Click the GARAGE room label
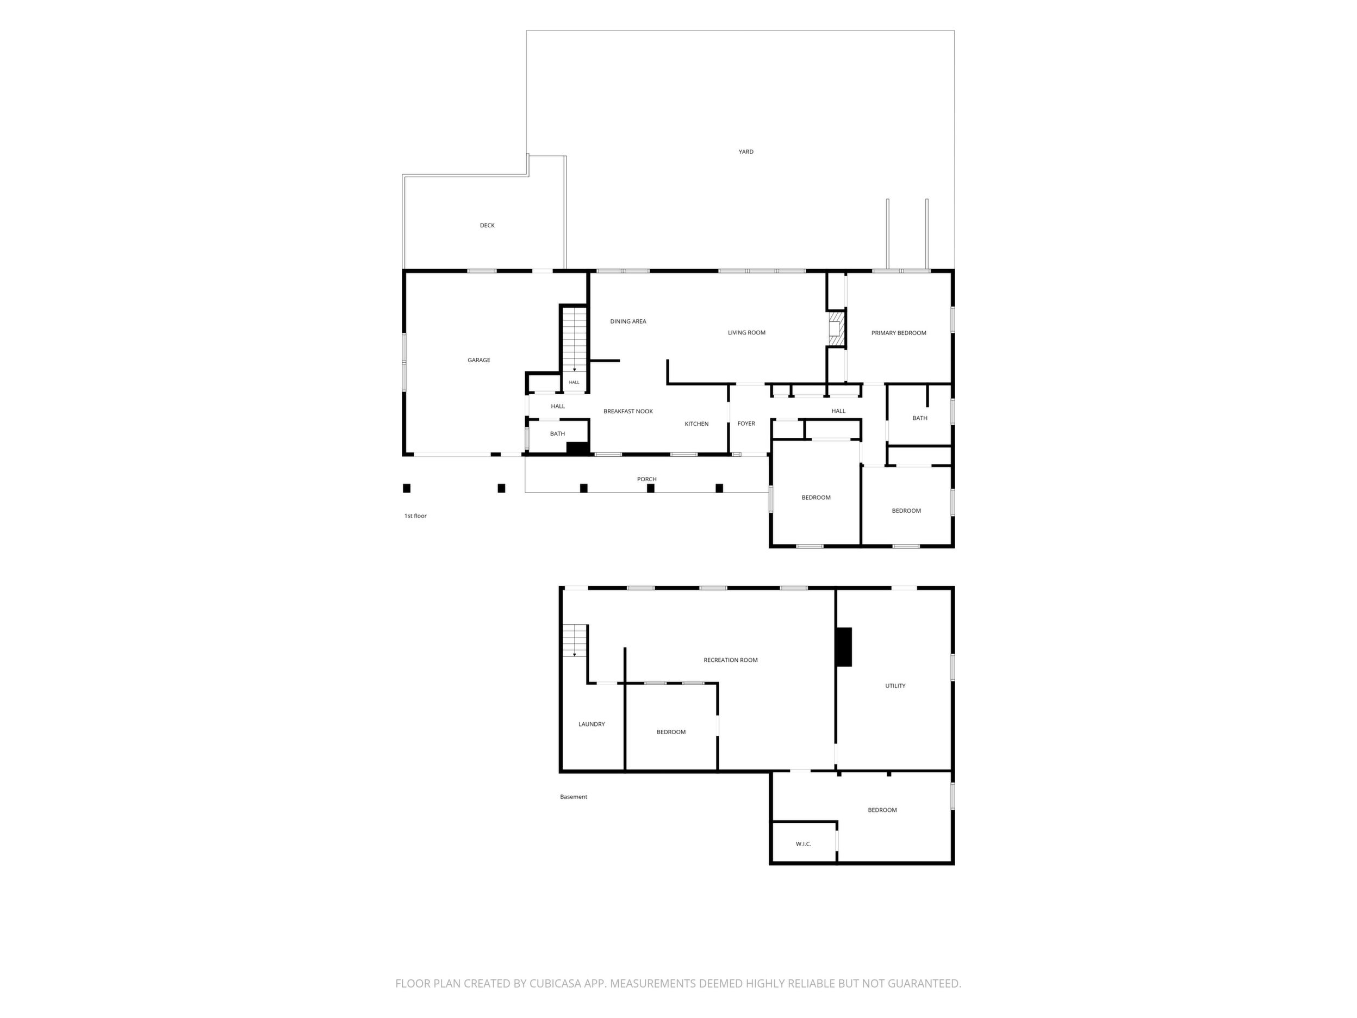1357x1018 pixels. click(478, 360)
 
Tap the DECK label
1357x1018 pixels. click(487, 225)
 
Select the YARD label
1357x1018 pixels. click(746, 152)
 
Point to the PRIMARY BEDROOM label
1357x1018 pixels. click(899, 333)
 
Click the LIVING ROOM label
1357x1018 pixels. click(746, 333)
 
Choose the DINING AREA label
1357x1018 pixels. click(628, 321)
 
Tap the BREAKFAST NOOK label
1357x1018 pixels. click(628, 411)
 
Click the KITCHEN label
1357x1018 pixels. click(697, 424)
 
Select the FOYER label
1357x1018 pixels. click(746, 424)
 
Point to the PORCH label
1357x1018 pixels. click(646, 479)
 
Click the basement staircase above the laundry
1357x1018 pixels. click(575, 640)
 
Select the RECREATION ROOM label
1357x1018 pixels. click(731, 660)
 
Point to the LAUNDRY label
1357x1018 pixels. click(592, 724)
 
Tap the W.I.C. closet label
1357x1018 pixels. click(804, 844)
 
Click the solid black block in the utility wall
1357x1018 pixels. click(844, 647)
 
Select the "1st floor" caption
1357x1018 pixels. click(415, 516)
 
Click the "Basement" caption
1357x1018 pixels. click(574, 797)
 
